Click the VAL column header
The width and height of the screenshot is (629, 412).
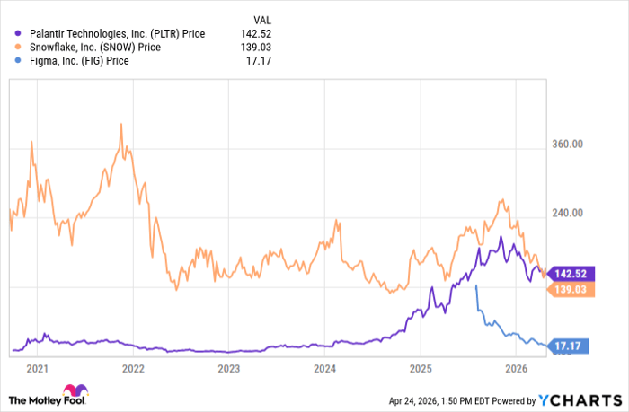(261, 19)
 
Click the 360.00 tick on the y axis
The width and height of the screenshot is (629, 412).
(566, 144)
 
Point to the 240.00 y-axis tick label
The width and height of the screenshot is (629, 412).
(566, 214)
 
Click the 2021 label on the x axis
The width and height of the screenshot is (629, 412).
(37, 368)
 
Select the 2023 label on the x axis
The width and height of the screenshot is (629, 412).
(229, 368)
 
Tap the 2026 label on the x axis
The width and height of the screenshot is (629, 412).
(516, 368)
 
